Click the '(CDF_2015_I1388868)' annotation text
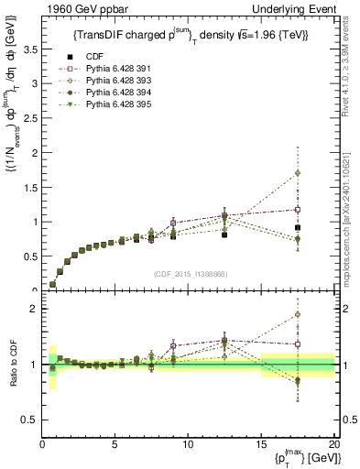[189, 273]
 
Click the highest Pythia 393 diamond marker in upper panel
[323, 172]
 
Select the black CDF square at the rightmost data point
[323, 227]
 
